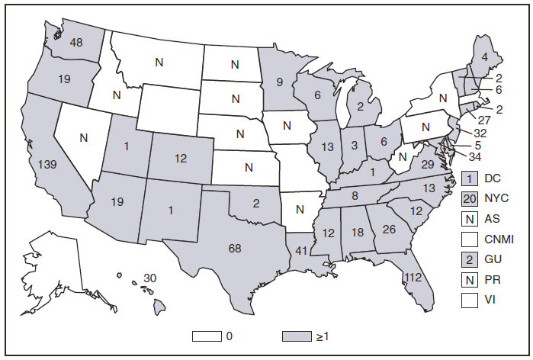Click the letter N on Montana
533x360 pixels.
point(159,63)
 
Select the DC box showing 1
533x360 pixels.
point(470,177)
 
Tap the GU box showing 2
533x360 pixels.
point(470,259)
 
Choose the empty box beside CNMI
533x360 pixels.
point(470,239)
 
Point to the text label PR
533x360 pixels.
point(493,280)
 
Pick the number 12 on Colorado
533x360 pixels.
point(180,159)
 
